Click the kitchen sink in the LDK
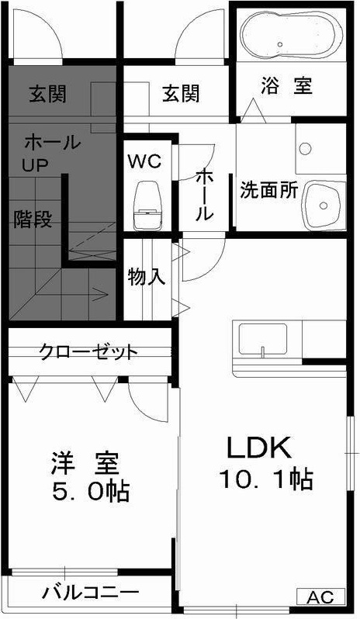[263, 339]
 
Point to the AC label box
[321, 597]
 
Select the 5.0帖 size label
[91, 491]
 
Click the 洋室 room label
[85, 463]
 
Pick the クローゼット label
[88, 351]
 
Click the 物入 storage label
[147, 277]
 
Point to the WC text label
[144, 161]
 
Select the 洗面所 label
[268, 190]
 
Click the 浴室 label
[287, 86]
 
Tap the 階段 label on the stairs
[33, 220]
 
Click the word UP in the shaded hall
[34, 164]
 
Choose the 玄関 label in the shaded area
[47, 95]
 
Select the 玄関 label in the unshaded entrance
[181, 95]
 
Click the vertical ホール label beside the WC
[204, 194]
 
